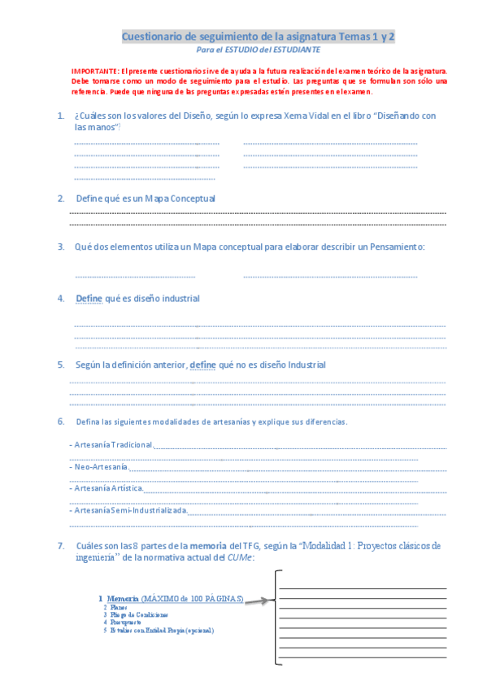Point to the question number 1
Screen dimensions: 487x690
click(60, 116)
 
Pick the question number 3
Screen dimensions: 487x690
click(60, 247)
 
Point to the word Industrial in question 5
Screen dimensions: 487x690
click(303, 365)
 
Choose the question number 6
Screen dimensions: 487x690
click(60, 421)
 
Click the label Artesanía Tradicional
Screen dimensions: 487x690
click(112, 445)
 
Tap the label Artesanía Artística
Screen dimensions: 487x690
click(108, 488)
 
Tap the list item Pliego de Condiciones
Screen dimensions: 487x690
click(139, 614)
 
